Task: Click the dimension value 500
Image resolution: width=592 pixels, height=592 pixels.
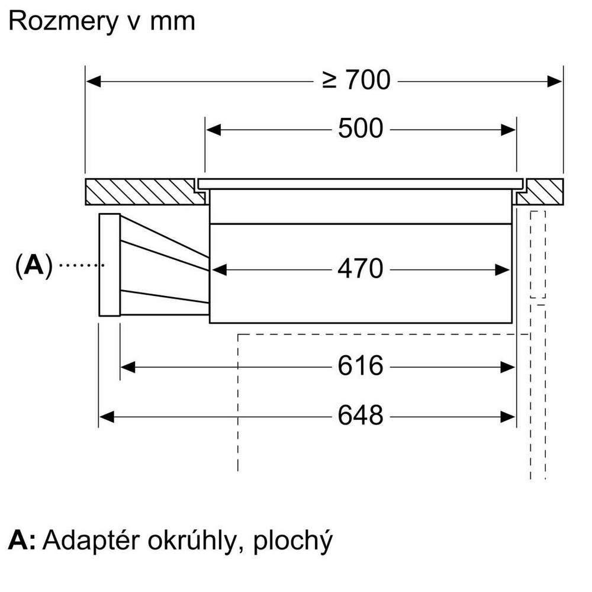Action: pos(361,128)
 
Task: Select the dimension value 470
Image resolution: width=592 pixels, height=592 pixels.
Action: pos(361,269)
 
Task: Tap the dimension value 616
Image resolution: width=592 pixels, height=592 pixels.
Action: pos(361,366)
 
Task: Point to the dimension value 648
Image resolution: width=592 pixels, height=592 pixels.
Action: pos(361,416)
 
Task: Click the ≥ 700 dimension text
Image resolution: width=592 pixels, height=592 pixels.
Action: pos(356,80)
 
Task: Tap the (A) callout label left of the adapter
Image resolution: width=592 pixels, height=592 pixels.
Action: pos(34,266)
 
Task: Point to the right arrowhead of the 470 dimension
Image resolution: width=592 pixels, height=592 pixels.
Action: pos(504,270)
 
